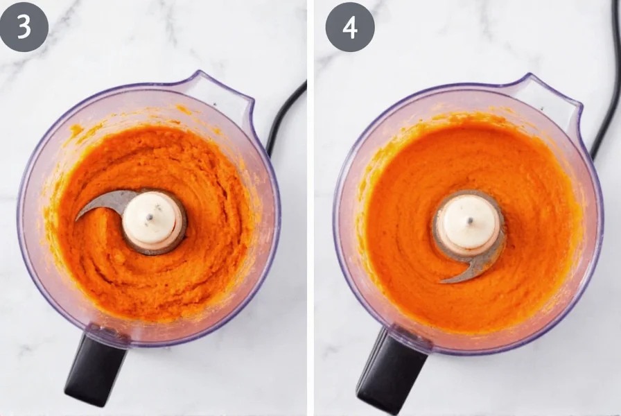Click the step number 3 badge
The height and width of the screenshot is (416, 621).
[24, 26]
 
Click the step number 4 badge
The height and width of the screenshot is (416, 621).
[350, 26]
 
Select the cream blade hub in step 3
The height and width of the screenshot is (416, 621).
[152, 220]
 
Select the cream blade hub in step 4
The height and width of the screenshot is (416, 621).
[469, 224]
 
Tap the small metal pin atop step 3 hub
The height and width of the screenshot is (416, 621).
[150, 217]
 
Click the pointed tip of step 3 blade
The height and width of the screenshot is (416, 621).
[78, 218]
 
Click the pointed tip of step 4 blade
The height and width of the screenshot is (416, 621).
[442, 281]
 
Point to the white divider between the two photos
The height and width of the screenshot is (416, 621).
[310, 208]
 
